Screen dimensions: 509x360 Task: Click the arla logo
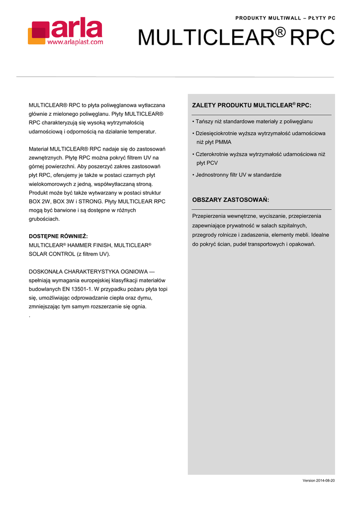(x=65, y=31)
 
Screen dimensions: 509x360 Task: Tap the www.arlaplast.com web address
(x=75, y=42)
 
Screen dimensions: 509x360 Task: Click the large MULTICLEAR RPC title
(x=236, y=38)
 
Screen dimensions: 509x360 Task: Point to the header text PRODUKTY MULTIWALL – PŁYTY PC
(x=285, y=18)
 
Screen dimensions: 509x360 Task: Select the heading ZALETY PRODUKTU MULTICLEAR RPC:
(x=252, y=105)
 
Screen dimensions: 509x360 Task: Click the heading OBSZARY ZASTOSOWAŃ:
(x=230, y=200)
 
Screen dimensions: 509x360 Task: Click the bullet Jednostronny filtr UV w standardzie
(x=238, y=175)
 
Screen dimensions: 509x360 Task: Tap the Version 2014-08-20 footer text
(x=319, y=480)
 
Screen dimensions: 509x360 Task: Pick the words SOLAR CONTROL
(x=51, y=254)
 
